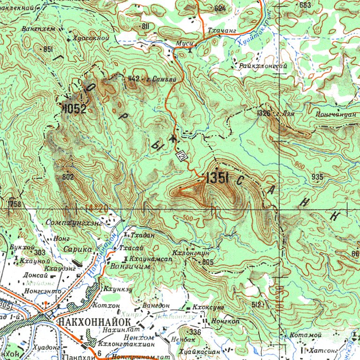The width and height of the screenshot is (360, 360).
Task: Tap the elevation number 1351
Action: tap(217, 177)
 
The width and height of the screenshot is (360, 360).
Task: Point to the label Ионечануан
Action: tap(333, 115)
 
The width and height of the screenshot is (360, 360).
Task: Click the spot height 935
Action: tap(317, 176)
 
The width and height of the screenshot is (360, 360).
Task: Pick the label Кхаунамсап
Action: tap(148, 258)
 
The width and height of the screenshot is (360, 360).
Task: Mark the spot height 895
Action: tap(208, 262)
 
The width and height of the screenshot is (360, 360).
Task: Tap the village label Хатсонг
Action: tap(324, 350)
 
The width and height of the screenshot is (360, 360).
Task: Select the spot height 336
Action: tap(195, 332)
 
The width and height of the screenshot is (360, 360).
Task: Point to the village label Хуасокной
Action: tap(91, 38)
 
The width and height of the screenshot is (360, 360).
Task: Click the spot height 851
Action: tap(47, 49)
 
